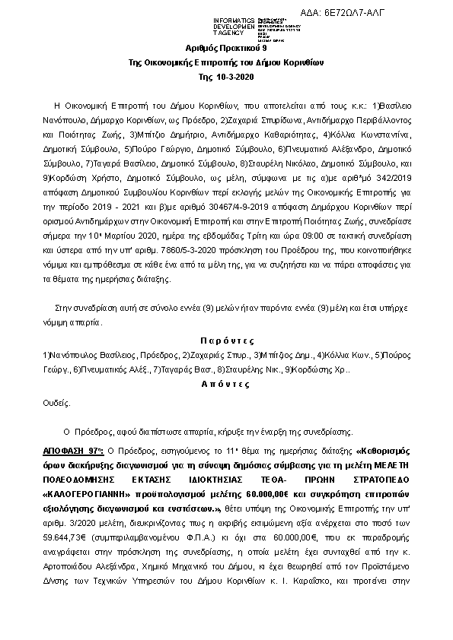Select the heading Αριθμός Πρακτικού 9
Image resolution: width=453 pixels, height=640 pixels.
point(227,48)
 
